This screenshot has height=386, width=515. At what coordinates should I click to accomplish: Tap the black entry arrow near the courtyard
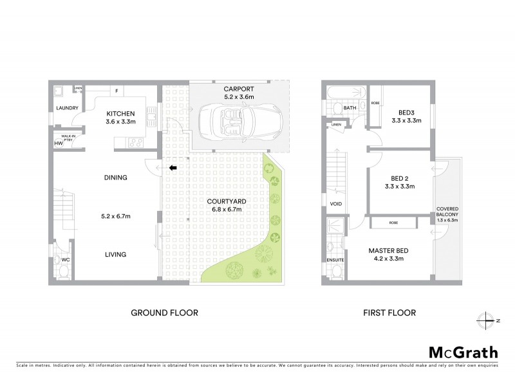pyautogui.click(x=173, y=169)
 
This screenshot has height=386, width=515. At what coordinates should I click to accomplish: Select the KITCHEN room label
pyautogui.click(x=120, y=113)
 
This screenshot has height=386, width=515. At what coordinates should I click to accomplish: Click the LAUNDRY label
pyautogui.click(x=67, y=108)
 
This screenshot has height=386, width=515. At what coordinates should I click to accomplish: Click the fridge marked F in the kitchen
pyautogui.click(x=117, y=90)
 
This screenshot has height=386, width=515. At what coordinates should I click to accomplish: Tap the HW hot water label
pyautogui.click(x=59, y=143)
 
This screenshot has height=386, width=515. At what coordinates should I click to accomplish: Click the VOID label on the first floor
pyautogui.click(x=335, y=205)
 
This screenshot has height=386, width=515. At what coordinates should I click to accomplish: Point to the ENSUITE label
pyautogui.click(x=335, y=260)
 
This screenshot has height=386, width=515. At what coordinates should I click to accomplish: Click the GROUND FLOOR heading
pyautogui.click(x=164, y=313)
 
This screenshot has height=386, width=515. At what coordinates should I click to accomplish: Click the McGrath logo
pyautogui.click(x=464, y=352)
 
